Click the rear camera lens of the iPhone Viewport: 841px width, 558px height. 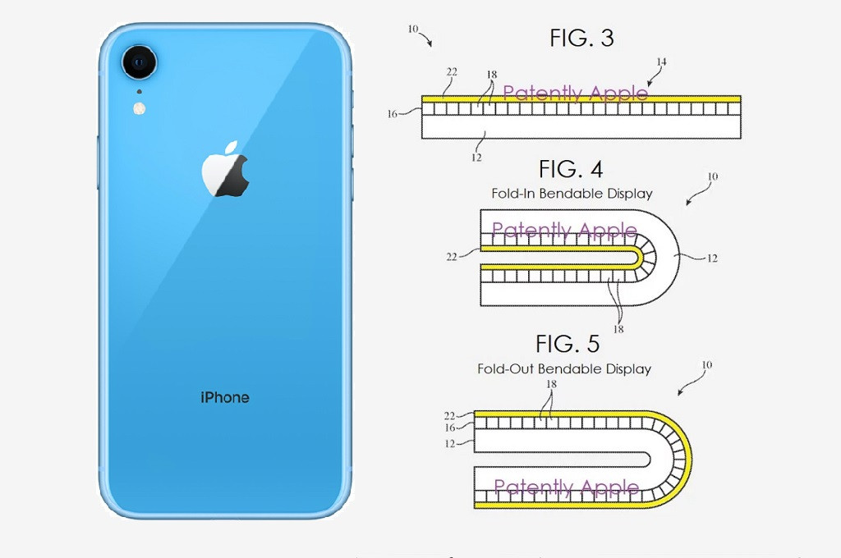140,62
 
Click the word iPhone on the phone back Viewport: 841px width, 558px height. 225,397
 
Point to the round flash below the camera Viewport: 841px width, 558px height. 140,108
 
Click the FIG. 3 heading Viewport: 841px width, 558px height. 581,38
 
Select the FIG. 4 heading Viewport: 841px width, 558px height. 571,169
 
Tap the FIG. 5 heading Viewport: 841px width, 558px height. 568,344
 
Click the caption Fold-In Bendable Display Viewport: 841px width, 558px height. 572,194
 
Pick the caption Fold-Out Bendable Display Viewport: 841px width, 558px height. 564,368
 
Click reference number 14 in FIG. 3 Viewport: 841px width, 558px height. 661,62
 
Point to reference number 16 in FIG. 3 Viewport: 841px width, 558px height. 392,113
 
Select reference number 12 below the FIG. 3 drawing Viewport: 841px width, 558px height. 476,158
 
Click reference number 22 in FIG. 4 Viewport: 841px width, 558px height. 452,258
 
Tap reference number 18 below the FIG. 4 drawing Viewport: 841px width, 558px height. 618,329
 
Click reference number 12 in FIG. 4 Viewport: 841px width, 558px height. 712,258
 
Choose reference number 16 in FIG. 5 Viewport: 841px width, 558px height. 449,428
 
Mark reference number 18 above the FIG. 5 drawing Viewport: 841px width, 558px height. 551,384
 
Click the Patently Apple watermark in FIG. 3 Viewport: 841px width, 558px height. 575,94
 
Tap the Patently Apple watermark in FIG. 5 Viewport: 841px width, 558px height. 567,487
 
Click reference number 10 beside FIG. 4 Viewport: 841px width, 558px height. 712,176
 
